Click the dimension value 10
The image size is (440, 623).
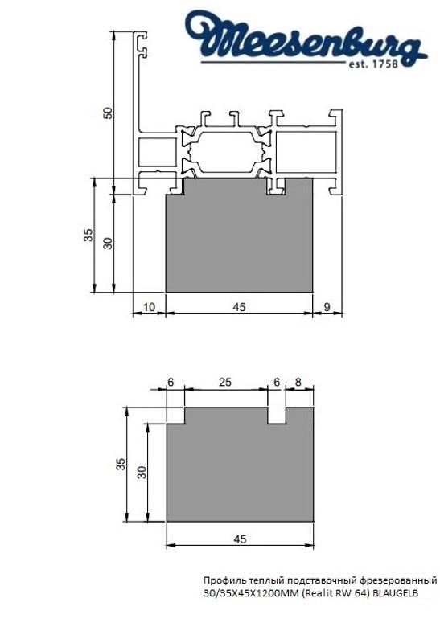point(149,306)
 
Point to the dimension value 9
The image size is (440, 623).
point(327,306)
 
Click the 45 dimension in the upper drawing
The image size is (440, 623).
point(239,306)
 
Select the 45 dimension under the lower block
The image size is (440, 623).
point(239,539)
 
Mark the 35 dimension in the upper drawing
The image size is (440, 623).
point(88,236)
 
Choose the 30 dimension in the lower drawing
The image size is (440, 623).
point(142,472)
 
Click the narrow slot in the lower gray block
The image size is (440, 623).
point(277,416)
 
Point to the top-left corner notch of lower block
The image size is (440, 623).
point(175,416)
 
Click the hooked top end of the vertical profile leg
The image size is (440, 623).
point(145,44)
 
